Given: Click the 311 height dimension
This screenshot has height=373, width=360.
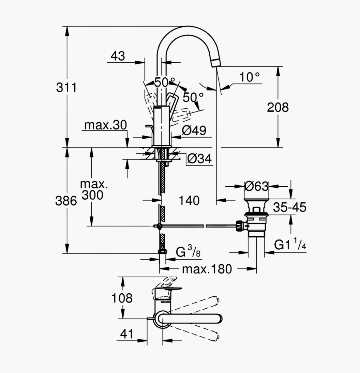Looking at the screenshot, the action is tap(66, 87).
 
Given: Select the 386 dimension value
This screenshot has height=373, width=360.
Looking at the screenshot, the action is tap(66, 201).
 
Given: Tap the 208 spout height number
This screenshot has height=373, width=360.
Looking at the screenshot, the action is tap(277, 107).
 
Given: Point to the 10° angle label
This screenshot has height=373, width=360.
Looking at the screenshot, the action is tap(250, 77).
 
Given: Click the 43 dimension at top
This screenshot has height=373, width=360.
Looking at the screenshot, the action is tap(118, 56).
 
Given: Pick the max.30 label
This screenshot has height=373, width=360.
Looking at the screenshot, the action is tap(105, 125).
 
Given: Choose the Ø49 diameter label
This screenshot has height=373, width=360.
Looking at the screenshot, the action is tap(194, 130).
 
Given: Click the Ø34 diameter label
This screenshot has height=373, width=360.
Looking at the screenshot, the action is tap(199, 159).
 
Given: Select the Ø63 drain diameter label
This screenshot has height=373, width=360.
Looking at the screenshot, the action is tap(256, 186).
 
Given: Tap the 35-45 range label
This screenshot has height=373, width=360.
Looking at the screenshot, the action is tap(289, 207).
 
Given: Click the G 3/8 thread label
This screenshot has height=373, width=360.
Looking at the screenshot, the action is tap(188, 251).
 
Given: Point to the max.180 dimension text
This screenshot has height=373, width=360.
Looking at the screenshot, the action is tap(207, 269).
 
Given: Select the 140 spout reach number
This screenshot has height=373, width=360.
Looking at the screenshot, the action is tap(189, 201).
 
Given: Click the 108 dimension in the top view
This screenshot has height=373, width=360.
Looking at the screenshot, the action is tap(122, 298).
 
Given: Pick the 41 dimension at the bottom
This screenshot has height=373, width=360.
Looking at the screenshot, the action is tap(127, 334).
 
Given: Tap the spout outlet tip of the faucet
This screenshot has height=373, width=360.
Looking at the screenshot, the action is tap(215, 63).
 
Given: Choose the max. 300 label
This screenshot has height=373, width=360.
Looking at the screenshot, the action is tap(93, 190).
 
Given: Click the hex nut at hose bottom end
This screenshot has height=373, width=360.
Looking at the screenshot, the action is tap(162, 251).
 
